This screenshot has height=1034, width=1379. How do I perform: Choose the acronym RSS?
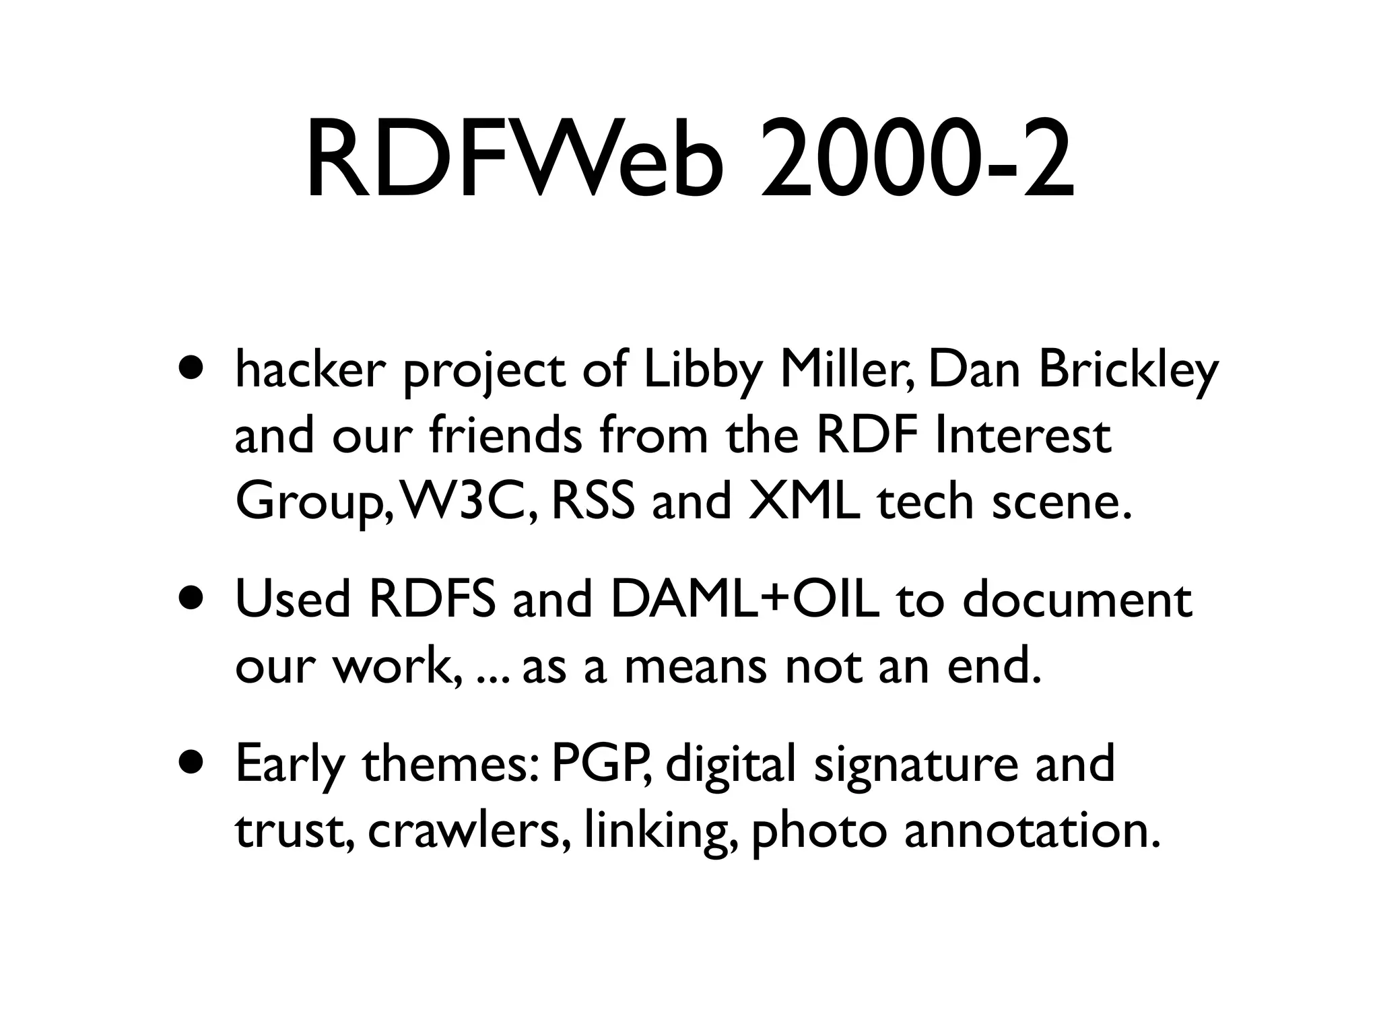coord(593,502)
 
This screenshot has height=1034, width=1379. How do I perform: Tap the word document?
coord(1078,599)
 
